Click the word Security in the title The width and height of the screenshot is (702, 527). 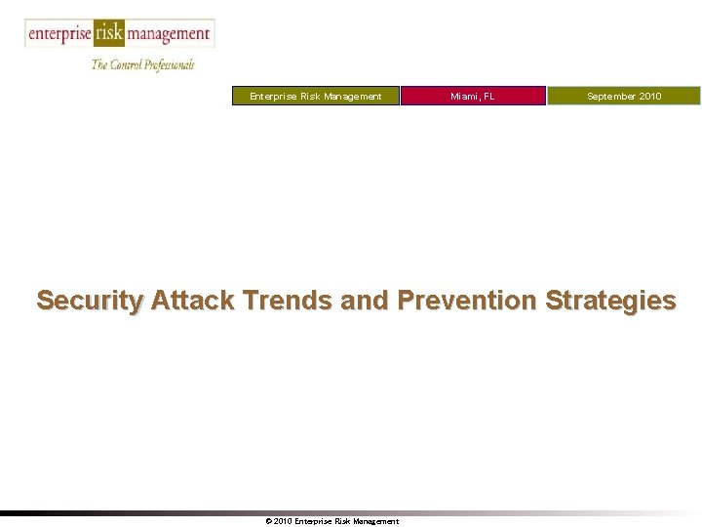coord(90,301)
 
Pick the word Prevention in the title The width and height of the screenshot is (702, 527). coord(466,301)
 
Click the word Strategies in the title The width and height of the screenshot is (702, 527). coord(610,301)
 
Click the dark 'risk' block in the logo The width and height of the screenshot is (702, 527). coord(109,33)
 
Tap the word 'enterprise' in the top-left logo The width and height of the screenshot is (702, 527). coord(58,34)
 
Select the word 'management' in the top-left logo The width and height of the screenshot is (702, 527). coord(169,34)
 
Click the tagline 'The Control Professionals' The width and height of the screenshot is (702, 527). coord(143,64)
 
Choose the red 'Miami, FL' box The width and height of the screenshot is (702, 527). coord(473,96)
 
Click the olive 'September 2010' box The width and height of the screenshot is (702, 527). coord(623,96)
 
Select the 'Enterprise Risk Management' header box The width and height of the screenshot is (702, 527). coord(315,96)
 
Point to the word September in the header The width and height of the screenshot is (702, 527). coord(611,96)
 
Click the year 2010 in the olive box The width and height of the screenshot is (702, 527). coord(650,96)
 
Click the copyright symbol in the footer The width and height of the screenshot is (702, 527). coord(268,521)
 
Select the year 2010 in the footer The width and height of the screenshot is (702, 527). coord(283,521)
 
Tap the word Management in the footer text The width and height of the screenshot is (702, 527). coord(375,521)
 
